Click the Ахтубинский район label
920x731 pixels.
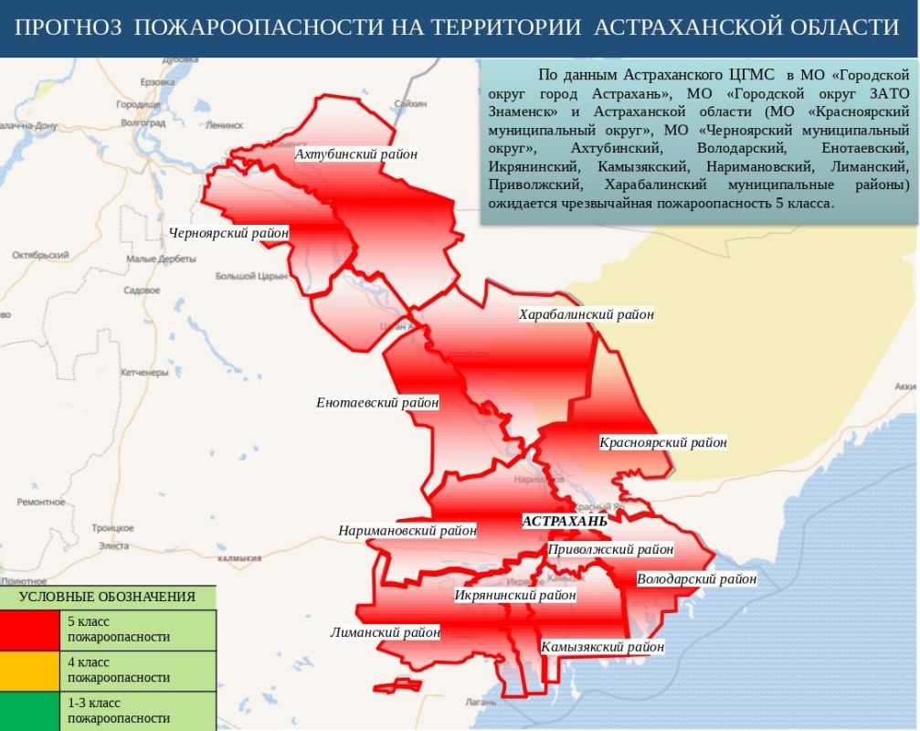tap(356, 154)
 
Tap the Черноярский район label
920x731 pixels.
tap(228, 233)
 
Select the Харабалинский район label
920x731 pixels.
tap(587, 314)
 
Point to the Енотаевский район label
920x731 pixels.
tap(377, 402)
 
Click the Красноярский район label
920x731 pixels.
tap(663, 442)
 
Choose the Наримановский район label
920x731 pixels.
tap(407, 530)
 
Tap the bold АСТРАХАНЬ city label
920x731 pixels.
tap(564, 521)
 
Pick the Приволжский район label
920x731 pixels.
tap(610, 549)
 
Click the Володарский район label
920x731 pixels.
tap(696, 578)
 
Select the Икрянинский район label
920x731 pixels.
tap(515, 595)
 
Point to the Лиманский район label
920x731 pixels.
tap(385, 631)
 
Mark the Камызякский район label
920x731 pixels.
tap(602, 647)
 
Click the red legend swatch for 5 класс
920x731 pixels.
tap(31, 630)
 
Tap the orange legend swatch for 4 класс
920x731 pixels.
tap(31, 670)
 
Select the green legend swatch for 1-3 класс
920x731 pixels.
tap(31, 711)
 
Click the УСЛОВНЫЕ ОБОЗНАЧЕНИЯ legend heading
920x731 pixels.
tap(107, 597)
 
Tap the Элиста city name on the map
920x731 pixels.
tap(113, 546)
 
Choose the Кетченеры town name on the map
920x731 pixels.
tap(144, 372)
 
